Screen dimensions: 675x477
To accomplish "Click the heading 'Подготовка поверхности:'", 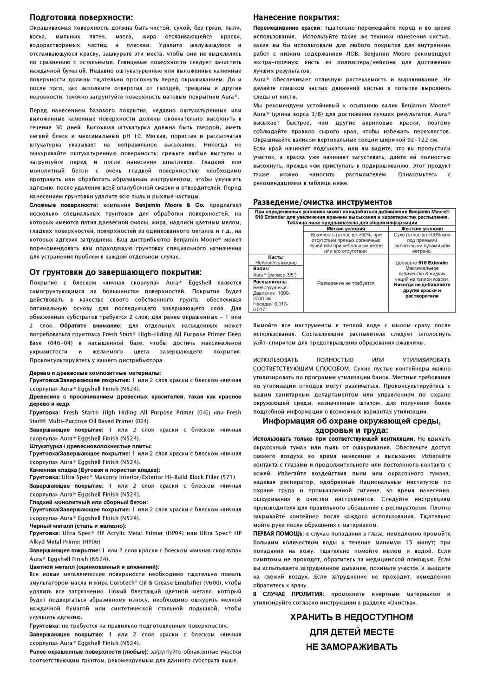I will pos(81,18).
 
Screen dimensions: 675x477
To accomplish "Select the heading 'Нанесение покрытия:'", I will pos(296,18).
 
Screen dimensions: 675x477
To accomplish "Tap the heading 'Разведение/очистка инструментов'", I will pos(322,202).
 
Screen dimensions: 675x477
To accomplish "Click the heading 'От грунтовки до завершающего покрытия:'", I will pos(116,272).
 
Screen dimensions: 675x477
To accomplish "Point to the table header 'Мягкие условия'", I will pos(346,229).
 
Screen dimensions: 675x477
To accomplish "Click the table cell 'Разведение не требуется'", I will pos(346,283).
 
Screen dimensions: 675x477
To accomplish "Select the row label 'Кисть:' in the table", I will pos(276,257).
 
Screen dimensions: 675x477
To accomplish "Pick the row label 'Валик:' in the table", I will pos(261,269).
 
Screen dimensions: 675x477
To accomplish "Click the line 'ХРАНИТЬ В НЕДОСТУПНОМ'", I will pos(352,617).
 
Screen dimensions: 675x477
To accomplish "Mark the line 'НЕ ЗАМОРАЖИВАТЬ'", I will pos(352,647).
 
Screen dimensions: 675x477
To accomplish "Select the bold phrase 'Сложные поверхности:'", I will pos(64,205).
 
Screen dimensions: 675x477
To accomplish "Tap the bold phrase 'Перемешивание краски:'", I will pos(284,28).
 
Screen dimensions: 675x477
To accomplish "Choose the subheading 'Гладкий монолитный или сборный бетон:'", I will pos(89,502).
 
